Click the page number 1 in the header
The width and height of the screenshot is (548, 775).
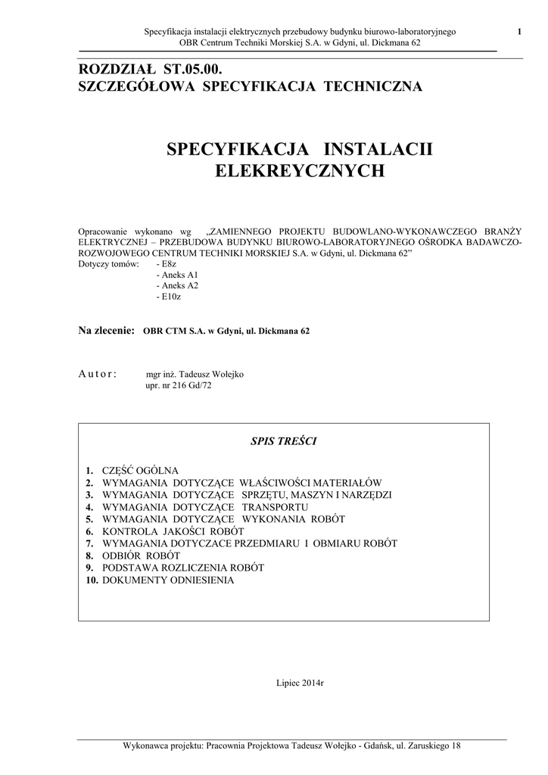(519, 31)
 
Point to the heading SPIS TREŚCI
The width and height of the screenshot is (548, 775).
(283, 441)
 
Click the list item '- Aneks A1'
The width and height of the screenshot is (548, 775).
(176, 275)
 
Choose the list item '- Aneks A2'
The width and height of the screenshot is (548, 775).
(176, 286)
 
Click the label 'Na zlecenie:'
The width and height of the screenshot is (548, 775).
(107, 331)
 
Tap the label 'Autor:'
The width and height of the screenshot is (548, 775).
(98, 374)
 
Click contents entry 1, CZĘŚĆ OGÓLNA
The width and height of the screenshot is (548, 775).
(140, 471)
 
